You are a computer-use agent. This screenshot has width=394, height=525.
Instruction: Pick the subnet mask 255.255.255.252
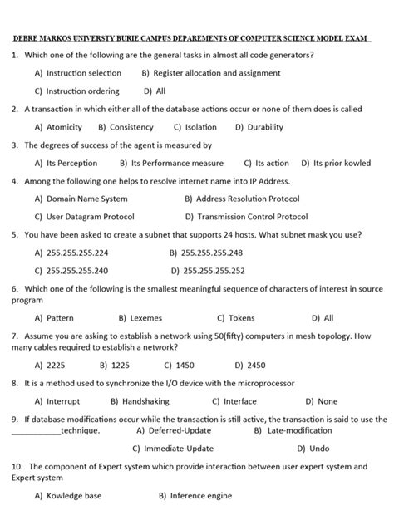pyautogui.click(x=214, y=270)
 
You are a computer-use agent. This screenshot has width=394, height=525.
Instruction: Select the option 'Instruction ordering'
pyautogui.click(x=82, y=91)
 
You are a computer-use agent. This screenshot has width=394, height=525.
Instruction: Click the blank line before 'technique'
pyautogui.click(x=36, y=431)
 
